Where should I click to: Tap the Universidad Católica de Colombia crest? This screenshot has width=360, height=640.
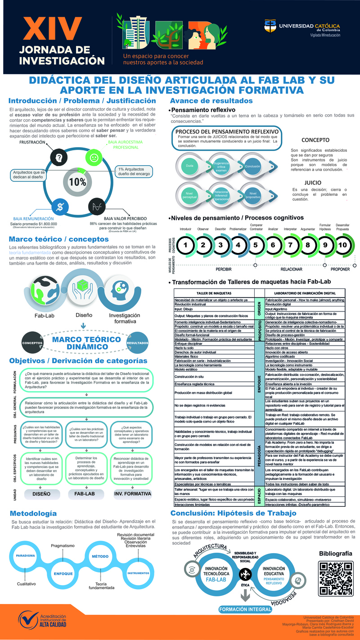point(269,27)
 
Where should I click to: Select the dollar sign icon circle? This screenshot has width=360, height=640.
point(59,207)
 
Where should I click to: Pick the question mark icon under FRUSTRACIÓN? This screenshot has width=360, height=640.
point(59,158)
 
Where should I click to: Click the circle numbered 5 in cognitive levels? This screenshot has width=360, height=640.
point(256,245)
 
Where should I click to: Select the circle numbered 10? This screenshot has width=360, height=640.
point(343,245)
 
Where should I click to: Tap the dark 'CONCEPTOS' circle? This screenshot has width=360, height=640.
point(32,343)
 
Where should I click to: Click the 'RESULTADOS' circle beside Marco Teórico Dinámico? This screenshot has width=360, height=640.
point(138,343)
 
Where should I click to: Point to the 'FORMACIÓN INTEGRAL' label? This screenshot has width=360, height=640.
point(245,609)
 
